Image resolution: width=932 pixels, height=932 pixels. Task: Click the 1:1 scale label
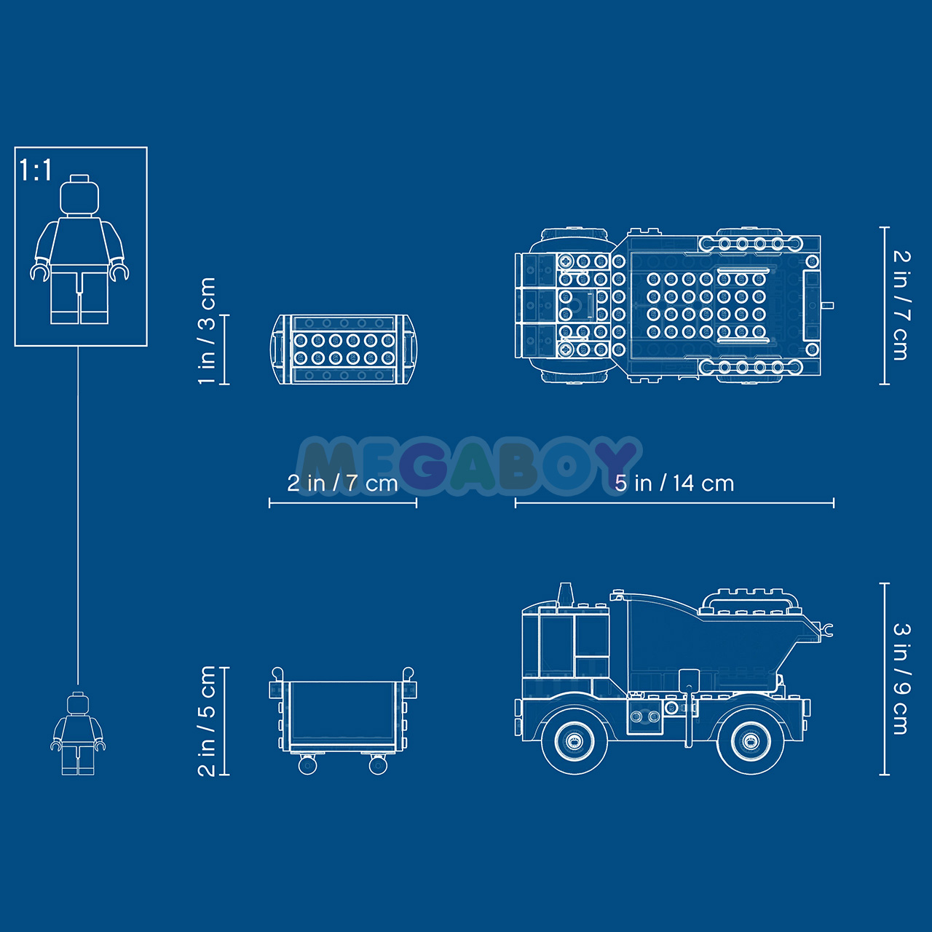tap(35, 170)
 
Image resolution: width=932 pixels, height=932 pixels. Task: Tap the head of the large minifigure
tap(79, 195)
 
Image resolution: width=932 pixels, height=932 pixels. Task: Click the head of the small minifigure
tap(78, 703)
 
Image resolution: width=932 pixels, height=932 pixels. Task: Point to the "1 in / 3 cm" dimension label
tap(207, 331)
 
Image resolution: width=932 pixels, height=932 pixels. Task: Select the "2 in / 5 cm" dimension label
tap(207, 721)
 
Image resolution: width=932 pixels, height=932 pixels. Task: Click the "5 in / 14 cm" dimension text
tap(674, 483)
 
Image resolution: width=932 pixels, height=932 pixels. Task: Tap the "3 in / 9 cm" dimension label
tap(901, 679)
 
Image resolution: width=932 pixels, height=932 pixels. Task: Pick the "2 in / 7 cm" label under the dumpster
tap(342, 483)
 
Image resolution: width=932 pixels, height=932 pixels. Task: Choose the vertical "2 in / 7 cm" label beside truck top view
tap(901, 305)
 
